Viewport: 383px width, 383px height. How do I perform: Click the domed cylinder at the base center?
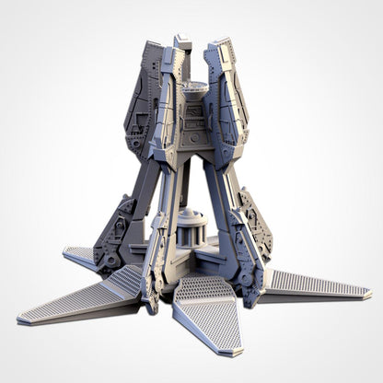tap(192, 226)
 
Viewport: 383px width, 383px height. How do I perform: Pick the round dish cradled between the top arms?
tap(192, 88)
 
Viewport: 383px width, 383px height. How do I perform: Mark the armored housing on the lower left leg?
tap(115, 235)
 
